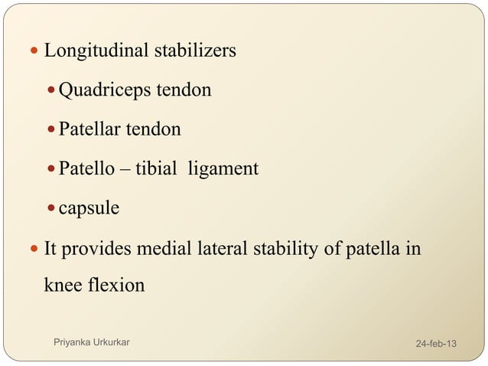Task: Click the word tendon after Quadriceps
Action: (184, 91)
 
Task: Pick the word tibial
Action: (155, 168)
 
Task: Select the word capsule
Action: (89, 208)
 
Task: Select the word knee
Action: (63, 286)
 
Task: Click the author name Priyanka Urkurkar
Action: (90, 341)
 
